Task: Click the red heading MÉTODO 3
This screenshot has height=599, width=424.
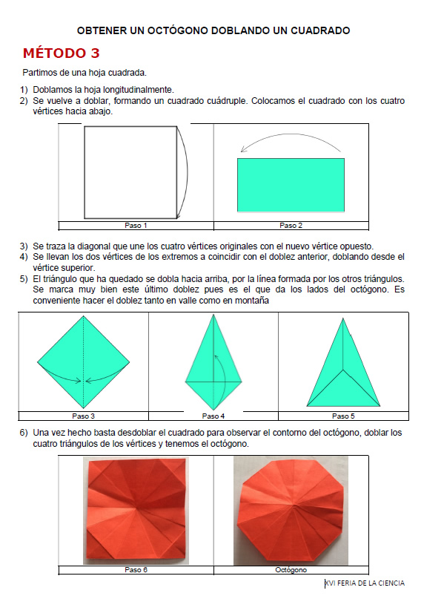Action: [61, 53]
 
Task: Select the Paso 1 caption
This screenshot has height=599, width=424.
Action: [136, 226]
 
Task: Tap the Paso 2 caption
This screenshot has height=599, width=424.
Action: [291, 226]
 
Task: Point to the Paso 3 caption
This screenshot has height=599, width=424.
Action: [83, 416]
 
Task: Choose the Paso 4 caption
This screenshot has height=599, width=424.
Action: [213, 416]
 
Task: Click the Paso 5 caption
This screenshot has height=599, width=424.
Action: [343, 416]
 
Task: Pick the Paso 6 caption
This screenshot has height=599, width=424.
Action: [136, 570]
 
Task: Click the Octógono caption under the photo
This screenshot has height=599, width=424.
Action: [291, 570]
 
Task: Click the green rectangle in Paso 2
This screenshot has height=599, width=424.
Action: [291, 185]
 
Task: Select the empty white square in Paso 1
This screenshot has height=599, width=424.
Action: [130, 172]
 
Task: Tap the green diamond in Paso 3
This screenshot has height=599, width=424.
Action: [83, 361]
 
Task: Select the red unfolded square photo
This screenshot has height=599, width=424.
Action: [136, 511]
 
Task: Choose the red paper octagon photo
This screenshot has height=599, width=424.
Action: [291, 511]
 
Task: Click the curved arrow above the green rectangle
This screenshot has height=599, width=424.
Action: [290, 134]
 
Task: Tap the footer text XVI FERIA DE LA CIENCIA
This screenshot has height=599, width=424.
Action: [365, 583]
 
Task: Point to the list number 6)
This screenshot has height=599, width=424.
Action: [24, 433]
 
